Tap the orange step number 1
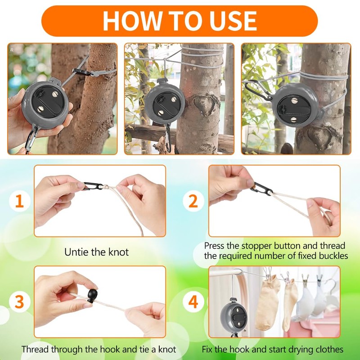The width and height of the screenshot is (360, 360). point(19,201)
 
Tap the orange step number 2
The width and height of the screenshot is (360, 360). point(193,201)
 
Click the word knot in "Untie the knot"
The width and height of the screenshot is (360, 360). point(118,252)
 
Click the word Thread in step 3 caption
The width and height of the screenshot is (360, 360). point(35,350)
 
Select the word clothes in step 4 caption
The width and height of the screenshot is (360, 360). point(329,350)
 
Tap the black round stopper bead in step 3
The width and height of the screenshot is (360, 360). point(92,296)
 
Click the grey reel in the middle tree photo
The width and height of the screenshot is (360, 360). point(164,103)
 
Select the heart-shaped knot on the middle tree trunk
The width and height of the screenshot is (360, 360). point(205,104)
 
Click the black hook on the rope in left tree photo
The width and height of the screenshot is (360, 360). point(82,72)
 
